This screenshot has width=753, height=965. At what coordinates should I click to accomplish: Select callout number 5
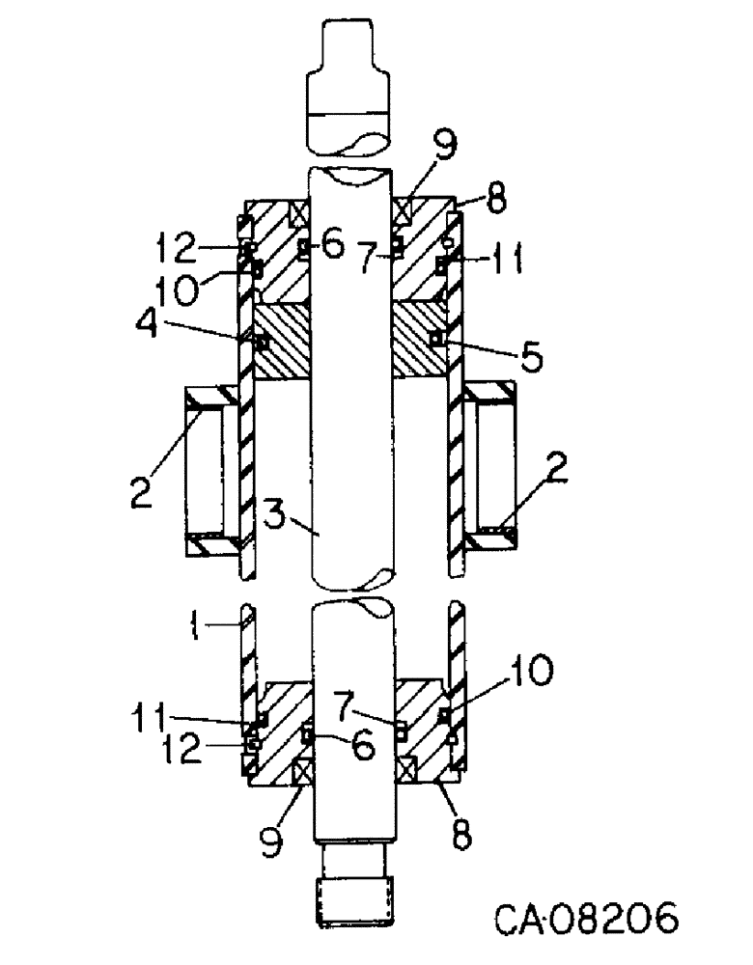click(x=529, y=356)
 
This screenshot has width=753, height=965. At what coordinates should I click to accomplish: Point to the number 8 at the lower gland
click(x=461, y=835)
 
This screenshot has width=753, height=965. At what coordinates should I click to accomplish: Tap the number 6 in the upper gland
click(x=331, y=247)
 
